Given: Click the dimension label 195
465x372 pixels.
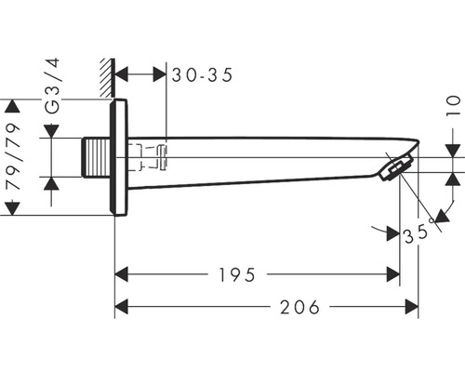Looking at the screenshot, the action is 237,274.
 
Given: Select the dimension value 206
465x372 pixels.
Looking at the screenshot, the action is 299,307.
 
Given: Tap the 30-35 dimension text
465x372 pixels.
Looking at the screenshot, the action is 202,75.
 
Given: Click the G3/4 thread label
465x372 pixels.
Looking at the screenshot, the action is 52,86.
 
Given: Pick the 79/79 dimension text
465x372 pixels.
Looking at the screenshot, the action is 13,156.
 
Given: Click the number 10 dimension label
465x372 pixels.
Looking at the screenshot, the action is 453,106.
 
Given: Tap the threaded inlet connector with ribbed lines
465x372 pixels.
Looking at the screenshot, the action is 96,158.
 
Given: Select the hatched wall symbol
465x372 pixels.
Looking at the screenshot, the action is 107,78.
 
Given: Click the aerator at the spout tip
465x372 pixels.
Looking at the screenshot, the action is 396,168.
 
